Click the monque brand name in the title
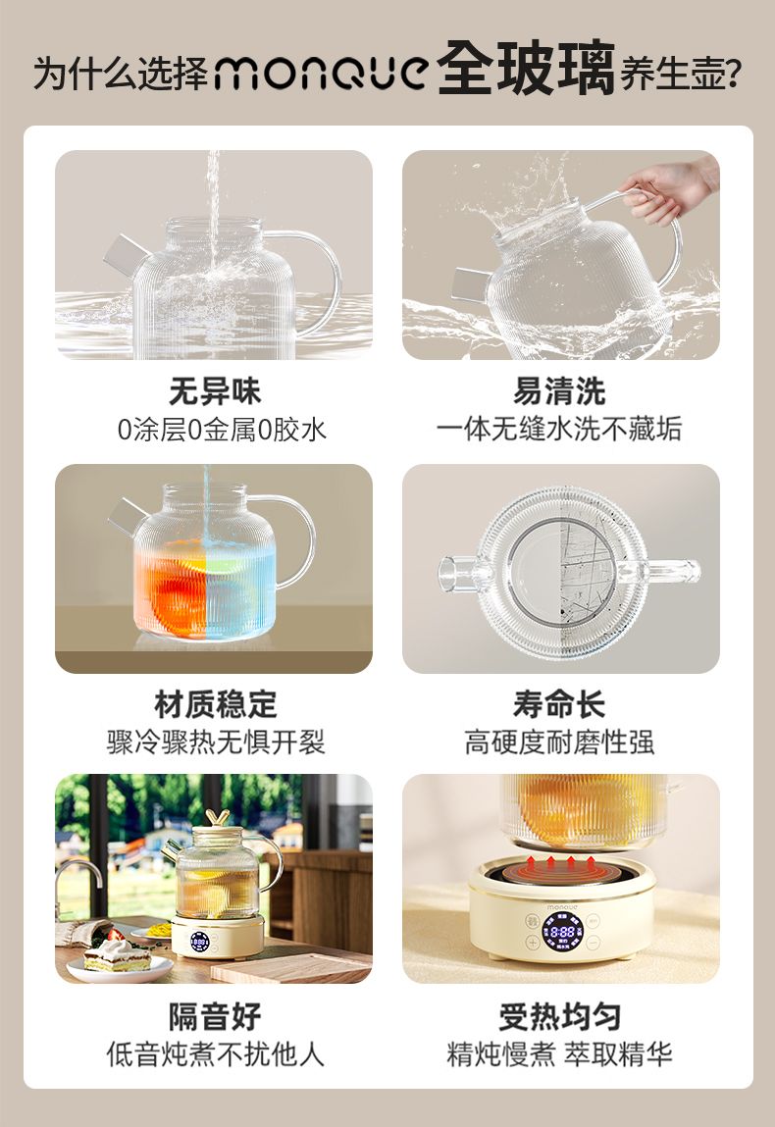(322, 73)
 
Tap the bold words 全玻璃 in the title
(526, 69)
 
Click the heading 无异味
(215, 391)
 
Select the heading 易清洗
(559, 391)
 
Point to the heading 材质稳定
(215, 703)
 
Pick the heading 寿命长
(559, 703)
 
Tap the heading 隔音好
(215, 1016)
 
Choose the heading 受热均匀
(559, 1016)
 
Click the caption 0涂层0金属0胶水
(222, 430)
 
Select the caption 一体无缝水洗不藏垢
(559, 429)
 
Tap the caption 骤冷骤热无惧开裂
(216, 742)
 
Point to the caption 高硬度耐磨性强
(559, 742)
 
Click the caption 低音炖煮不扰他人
(215, 1053)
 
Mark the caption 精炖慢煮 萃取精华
(559, 1053)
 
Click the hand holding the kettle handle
(669, 187)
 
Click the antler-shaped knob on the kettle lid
(217, 818)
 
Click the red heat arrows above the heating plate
(560, 863)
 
